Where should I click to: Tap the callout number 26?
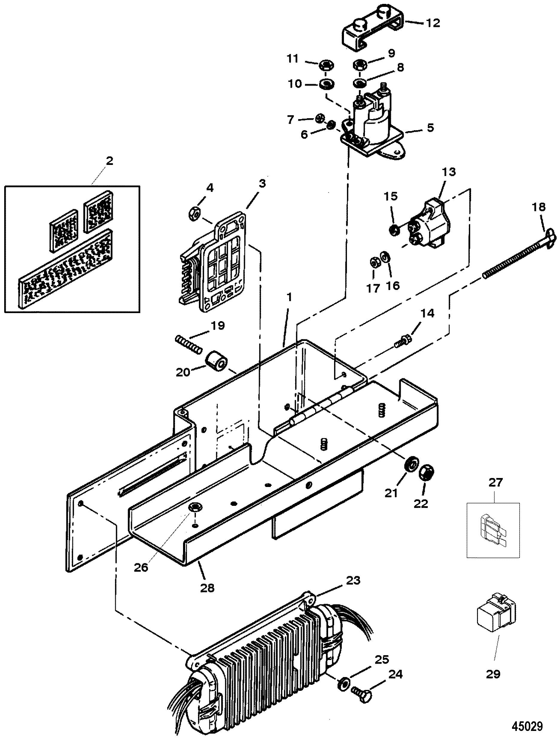tap(141, 567)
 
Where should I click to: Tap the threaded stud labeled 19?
tap(189, 345)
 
